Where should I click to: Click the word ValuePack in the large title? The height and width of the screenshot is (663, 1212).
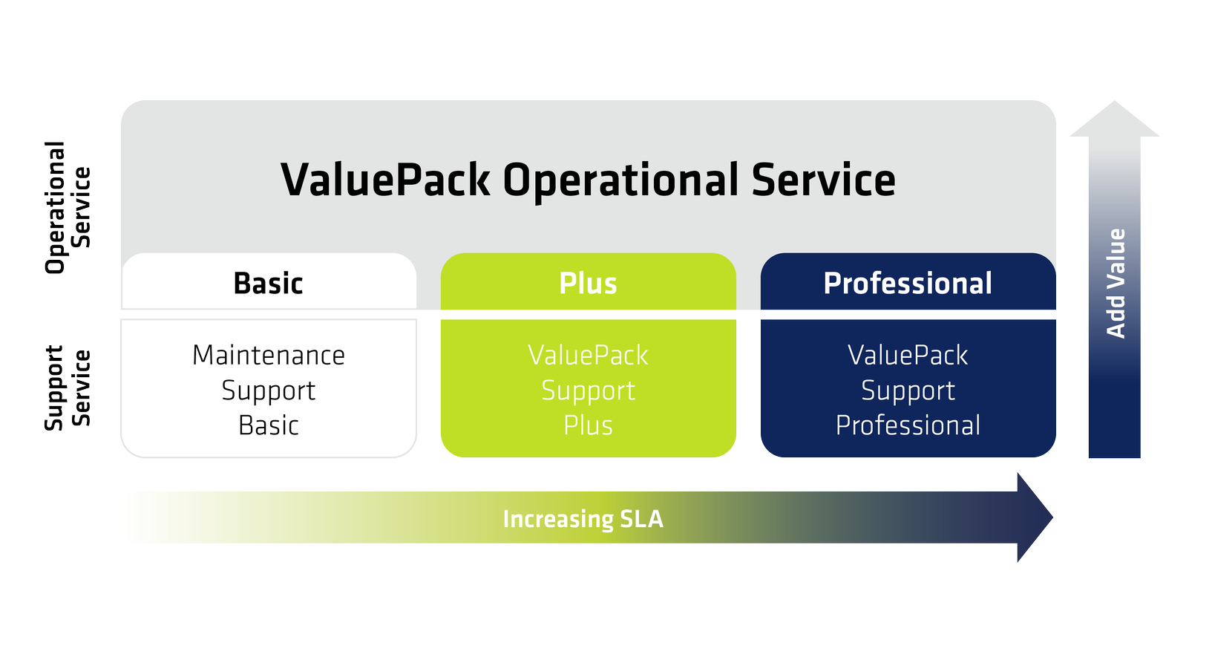pos(385,180)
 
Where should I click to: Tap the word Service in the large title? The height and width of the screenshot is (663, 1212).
pos(824,180)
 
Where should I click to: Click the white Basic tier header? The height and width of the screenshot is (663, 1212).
pos(269,281)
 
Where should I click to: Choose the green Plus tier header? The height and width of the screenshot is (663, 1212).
pos(588,281)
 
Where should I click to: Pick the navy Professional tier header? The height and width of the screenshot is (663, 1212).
pos(908,281)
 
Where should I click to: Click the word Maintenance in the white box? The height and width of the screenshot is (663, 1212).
pos(269,356)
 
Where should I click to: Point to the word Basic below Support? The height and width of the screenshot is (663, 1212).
pos(269,425)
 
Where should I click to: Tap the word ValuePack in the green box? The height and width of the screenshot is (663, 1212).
pos(588,356)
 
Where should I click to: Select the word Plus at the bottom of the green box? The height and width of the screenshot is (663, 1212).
pos(588,425)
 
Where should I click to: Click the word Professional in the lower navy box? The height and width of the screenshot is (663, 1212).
pos(908,425)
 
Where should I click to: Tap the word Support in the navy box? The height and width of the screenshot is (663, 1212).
pos(908,391)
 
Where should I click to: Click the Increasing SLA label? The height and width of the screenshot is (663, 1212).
pos(583,519)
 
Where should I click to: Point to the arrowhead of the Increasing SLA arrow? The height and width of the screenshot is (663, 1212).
pos(1035,517)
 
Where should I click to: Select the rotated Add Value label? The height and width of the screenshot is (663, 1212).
pos(1116,284)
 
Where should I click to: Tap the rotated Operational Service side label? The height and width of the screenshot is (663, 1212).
pos(67,208)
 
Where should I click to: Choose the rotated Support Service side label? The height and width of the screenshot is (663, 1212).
pos(67,388)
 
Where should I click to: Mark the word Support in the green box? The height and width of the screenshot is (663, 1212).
pos(588,391)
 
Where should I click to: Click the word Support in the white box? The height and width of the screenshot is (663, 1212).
pos(269,391)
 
